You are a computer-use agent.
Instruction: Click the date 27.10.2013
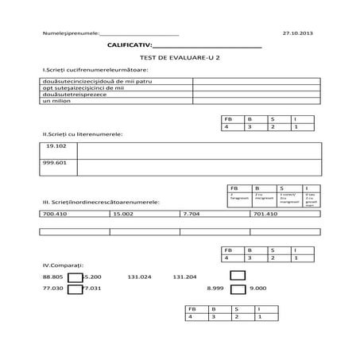(x=298, y=33)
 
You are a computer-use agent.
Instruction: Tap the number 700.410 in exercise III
(x=55, y=214)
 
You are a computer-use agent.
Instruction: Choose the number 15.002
(x=123, y=214)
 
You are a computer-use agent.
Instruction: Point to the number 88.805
(x=52, y=277)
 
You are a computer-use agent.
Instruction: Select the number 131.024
(x=138, y=277)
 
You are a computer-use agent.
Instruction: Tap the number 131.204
(x=184, y=277)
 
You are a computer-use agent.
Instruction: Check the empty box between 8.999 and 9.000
(x=237, y=289)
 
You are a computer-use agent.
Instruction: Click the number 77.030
(x=52, y=289)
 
